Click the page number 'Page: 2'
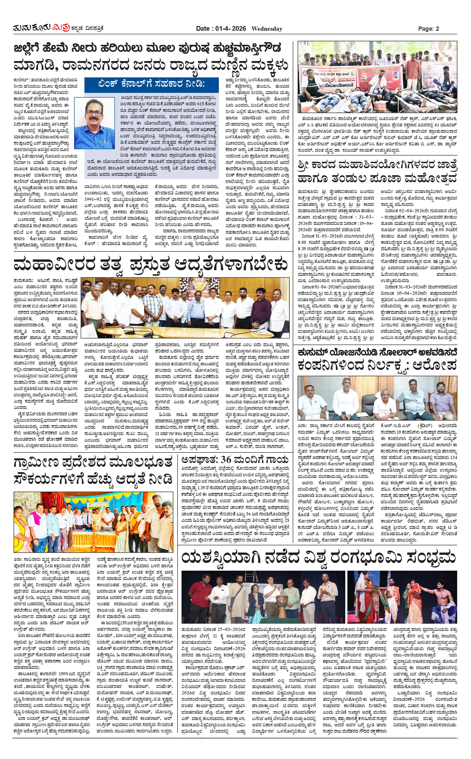click(x=428, y=29)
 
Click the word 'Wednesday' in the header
click(x=267, y=29)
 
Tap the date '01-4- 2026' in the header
click(x=231, y=29)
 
